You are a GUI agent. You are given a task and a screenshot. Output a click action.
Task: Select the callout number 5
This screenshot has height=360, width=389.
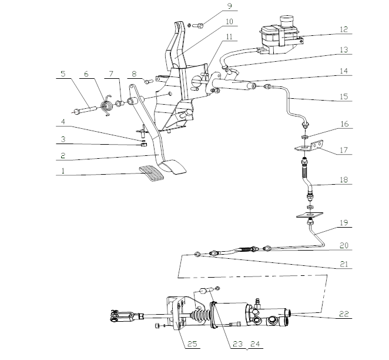[x=62, y=74]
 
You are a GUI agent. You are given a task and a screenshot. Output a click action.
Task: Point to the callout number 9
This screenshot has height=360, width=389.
[x=213, y=8]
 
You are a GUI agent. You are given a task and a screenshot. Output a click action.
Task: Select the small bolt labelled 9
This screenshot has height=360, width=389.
[x=198, y=25]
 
